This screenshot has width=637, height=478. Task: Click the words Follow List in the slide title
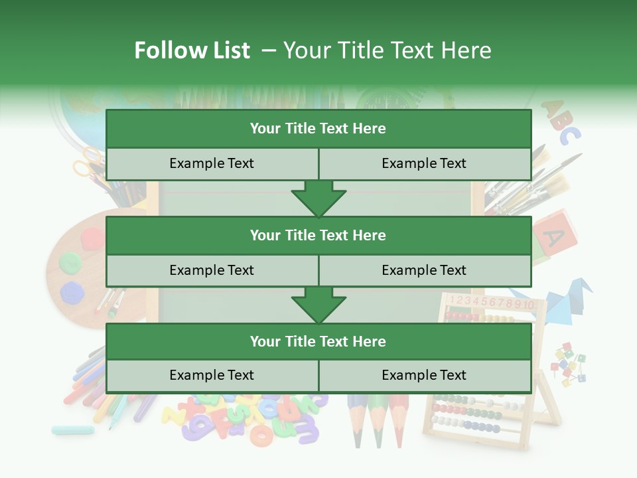click(x=192, y=50)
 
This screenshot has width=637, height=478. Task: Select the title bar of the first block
click(x=318, y=129)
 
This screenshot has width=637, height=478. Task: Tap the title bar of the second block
click(x=318, y=235)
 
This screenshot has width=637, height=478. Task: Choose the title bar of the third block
click(x=318, y=341)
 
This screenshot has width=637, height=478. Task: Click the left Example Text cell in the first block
click(x=212, y=163)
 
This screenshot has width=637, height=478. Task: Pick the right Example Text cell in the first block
click(x=425, y=163)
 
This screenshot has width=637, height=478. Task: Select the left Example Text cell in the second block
click(x=212, y=270)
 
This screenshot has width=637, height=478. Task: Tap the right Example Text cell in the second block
click(x=425, y=270)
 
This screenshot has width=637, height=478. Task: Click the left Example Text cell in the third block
click(x=212, y=375)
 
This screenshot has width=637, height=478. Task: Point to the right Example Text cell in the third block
click(x=425, y=375)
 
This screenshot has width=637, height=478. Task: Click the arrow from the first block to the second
click(x=318, y=199)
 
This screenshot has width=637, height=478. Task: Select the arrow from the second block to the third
click(x=318, y=305)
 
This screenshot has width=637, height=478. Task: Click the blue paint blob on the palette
click(x=71, y=291)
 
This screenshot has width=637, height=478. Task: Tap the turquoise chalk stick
click(x=72, y=430)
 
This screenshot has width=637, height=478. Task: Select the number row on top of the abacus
click(x=491, y=303)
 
